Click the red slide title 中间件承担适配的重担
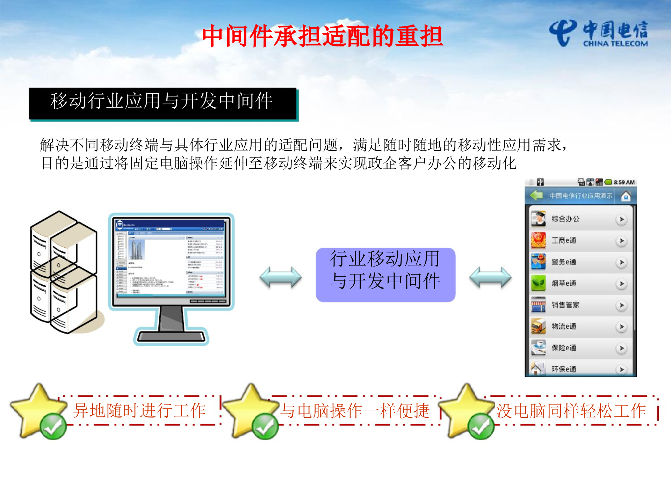click(323, 36)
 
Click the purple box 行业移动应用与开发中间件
click(385, 275)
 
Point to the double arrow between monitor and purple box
click(280, 277)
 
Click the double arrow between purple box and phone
click(490, 277)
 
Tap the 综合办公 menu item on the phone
click(565, 219)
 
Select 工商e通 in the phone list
click(564, 241)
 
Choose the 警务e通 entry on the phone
click(564, 262)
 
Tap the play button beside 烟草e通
click(621, 284)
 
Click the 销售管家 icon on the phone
click(538, 305)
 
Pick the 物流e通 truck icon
click(538, 327)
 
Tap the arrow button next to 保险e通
click(621, 348)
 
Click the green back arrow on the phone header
click(536, 196)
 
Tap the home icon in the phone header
click(626, 196)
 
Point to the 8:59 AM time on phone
click(624, 182)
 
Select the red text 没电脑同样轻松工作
click(571, 411)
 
